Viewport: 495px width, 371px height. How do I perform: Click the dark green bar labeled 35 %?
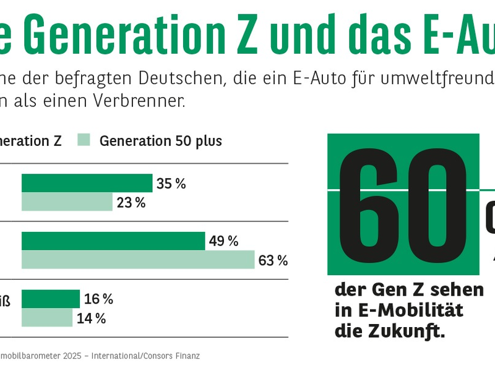coord(87,183)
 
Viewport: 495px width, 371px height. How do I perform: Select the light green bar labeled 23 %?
coord(67,202)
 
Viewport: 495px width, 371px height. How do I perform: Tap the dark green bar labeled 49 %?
coord(113,241)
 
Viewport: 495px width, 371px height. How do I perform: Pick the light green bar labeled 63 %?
coord(138,260)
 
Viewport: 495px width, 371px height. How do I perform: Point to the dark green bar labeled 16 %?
coord(51,299)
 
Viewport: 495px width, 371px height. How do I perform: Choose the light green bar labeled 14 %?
coord(47,318)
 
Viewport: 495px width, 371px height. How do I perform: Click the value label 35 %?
coord(171,184)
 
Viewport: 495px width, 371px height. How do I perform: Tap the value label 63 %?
coord(273,260)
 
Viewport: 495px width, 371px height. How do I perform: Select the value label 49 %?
coord(223,241)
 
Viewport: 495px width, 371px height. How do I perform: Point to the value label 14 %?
coord(91,318)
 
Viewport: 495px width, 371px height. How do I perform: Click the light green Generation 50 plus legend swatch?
coord(85,140)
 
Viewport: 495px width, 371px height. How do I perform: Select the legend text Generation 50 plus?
coord(160,141)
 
